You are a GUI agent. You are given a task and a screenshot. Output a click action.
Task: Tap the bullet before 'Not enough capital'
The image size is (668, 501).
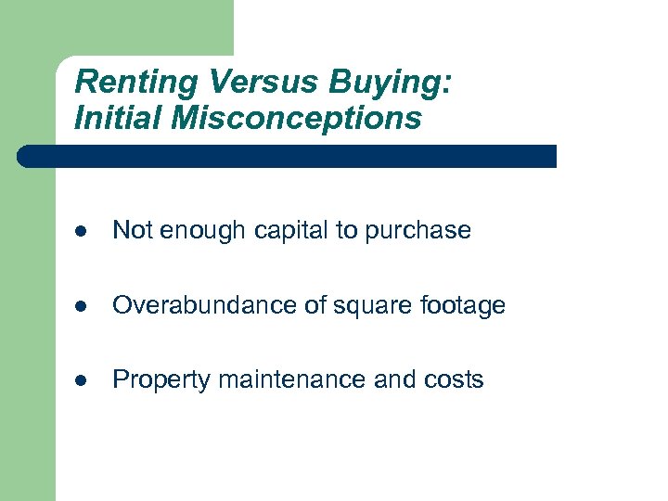point(82,231)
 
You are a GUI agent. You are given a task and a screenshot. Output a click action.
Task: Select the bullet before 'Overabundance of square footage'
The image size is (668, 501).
point(82,305)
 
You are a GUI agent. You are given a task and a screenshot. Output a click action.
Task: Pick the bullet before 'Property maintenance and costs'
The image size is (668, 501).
point(82,379)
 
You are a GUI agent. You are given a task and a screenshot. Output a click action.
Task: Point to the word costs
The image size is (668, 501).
point(453,379)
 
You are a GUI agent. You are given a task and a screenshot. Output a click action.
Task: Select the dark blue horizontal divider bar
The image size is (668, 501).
point(288,156)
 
